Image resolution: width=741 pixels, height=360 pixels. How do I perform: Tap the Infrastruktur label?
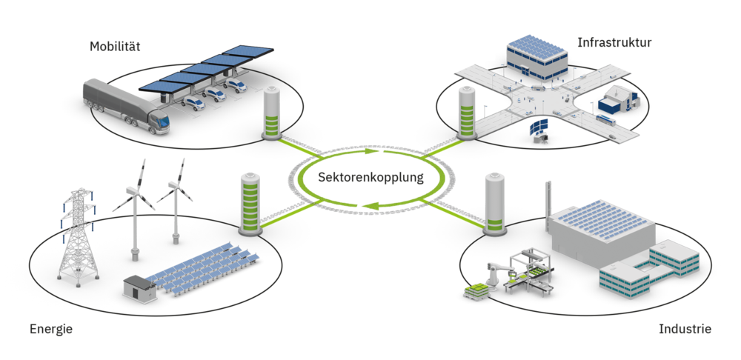pyautogui.click(x=614, y=43)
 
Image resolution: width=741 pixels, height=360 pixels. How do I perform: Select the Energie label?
pyautogui.click(x=50, y=329)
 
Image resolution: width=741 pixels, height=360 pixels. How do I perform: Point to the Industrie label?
pyautogui.click(x=685, y=328)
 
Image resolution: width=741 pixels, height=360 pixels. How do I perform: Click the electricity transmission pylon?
pyautogui.click(x=78, y=237)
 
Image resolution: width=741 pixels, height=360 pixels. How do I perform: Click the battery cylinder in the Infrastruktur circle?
pyautogui.click(x=466, y=112)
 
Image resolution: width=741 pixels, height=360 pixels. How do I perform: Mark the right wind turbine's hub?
pyautogui.click(x=176, y=186)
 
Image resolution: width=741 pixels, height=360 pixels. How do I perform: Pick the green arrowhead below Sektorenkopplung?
pyautogui.click(x=376, y=205)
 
